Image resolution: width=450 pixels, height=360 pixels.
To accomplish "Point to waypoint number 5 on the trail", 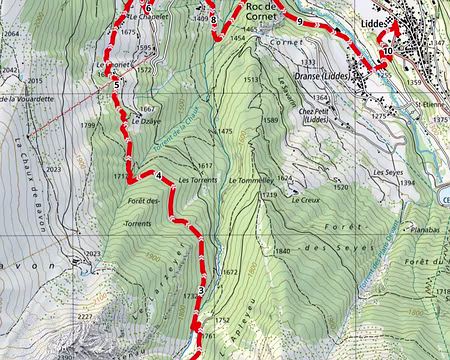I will click(117, 85).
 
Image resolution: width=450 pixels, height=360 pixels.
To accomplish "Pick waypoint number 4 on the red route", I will click(158, 178).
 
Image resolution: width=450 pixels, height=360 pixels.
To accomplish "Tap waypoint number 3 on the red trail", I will click(201, 291).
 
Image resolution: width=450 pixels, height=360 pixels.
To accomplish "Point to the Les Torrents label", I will click(196, 180).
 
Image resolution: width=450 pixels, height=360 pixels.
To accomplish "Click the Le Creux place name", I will click(306, 199).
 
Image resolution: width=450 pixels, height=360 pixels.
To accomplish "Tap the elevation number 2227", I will click(85, 318).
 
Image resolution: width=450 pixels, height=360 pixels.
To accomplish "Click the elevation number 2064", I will click(11, 34).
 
